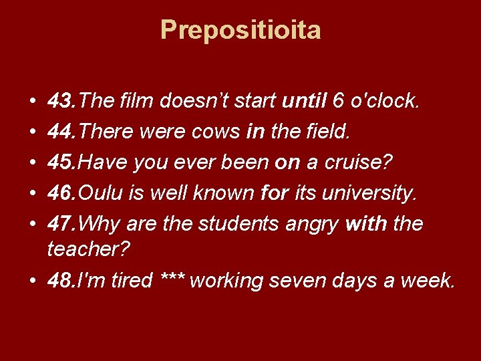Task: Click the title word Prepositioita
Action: (240, 30)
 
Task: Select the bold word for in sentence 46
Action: (273, 193)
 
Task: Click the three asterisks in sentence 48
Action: (173, 279)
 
